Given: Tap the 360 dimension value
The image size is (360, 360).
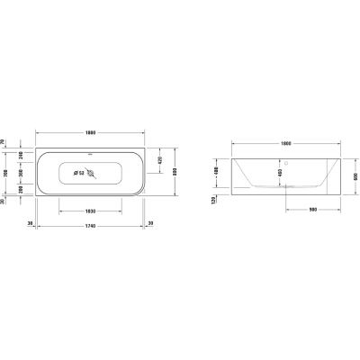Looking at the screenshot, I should (21, 173).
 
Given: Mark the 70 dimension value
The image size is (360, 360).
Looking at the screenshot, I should (4, 141).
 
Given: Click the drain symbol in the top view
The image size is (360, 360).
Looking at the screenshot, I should (90, 174).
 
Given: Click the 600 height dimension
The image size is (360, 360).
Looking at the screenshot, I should (355, 176).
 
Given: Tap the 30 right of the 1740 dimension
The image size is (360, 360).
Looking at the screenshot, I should (150, 224).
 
